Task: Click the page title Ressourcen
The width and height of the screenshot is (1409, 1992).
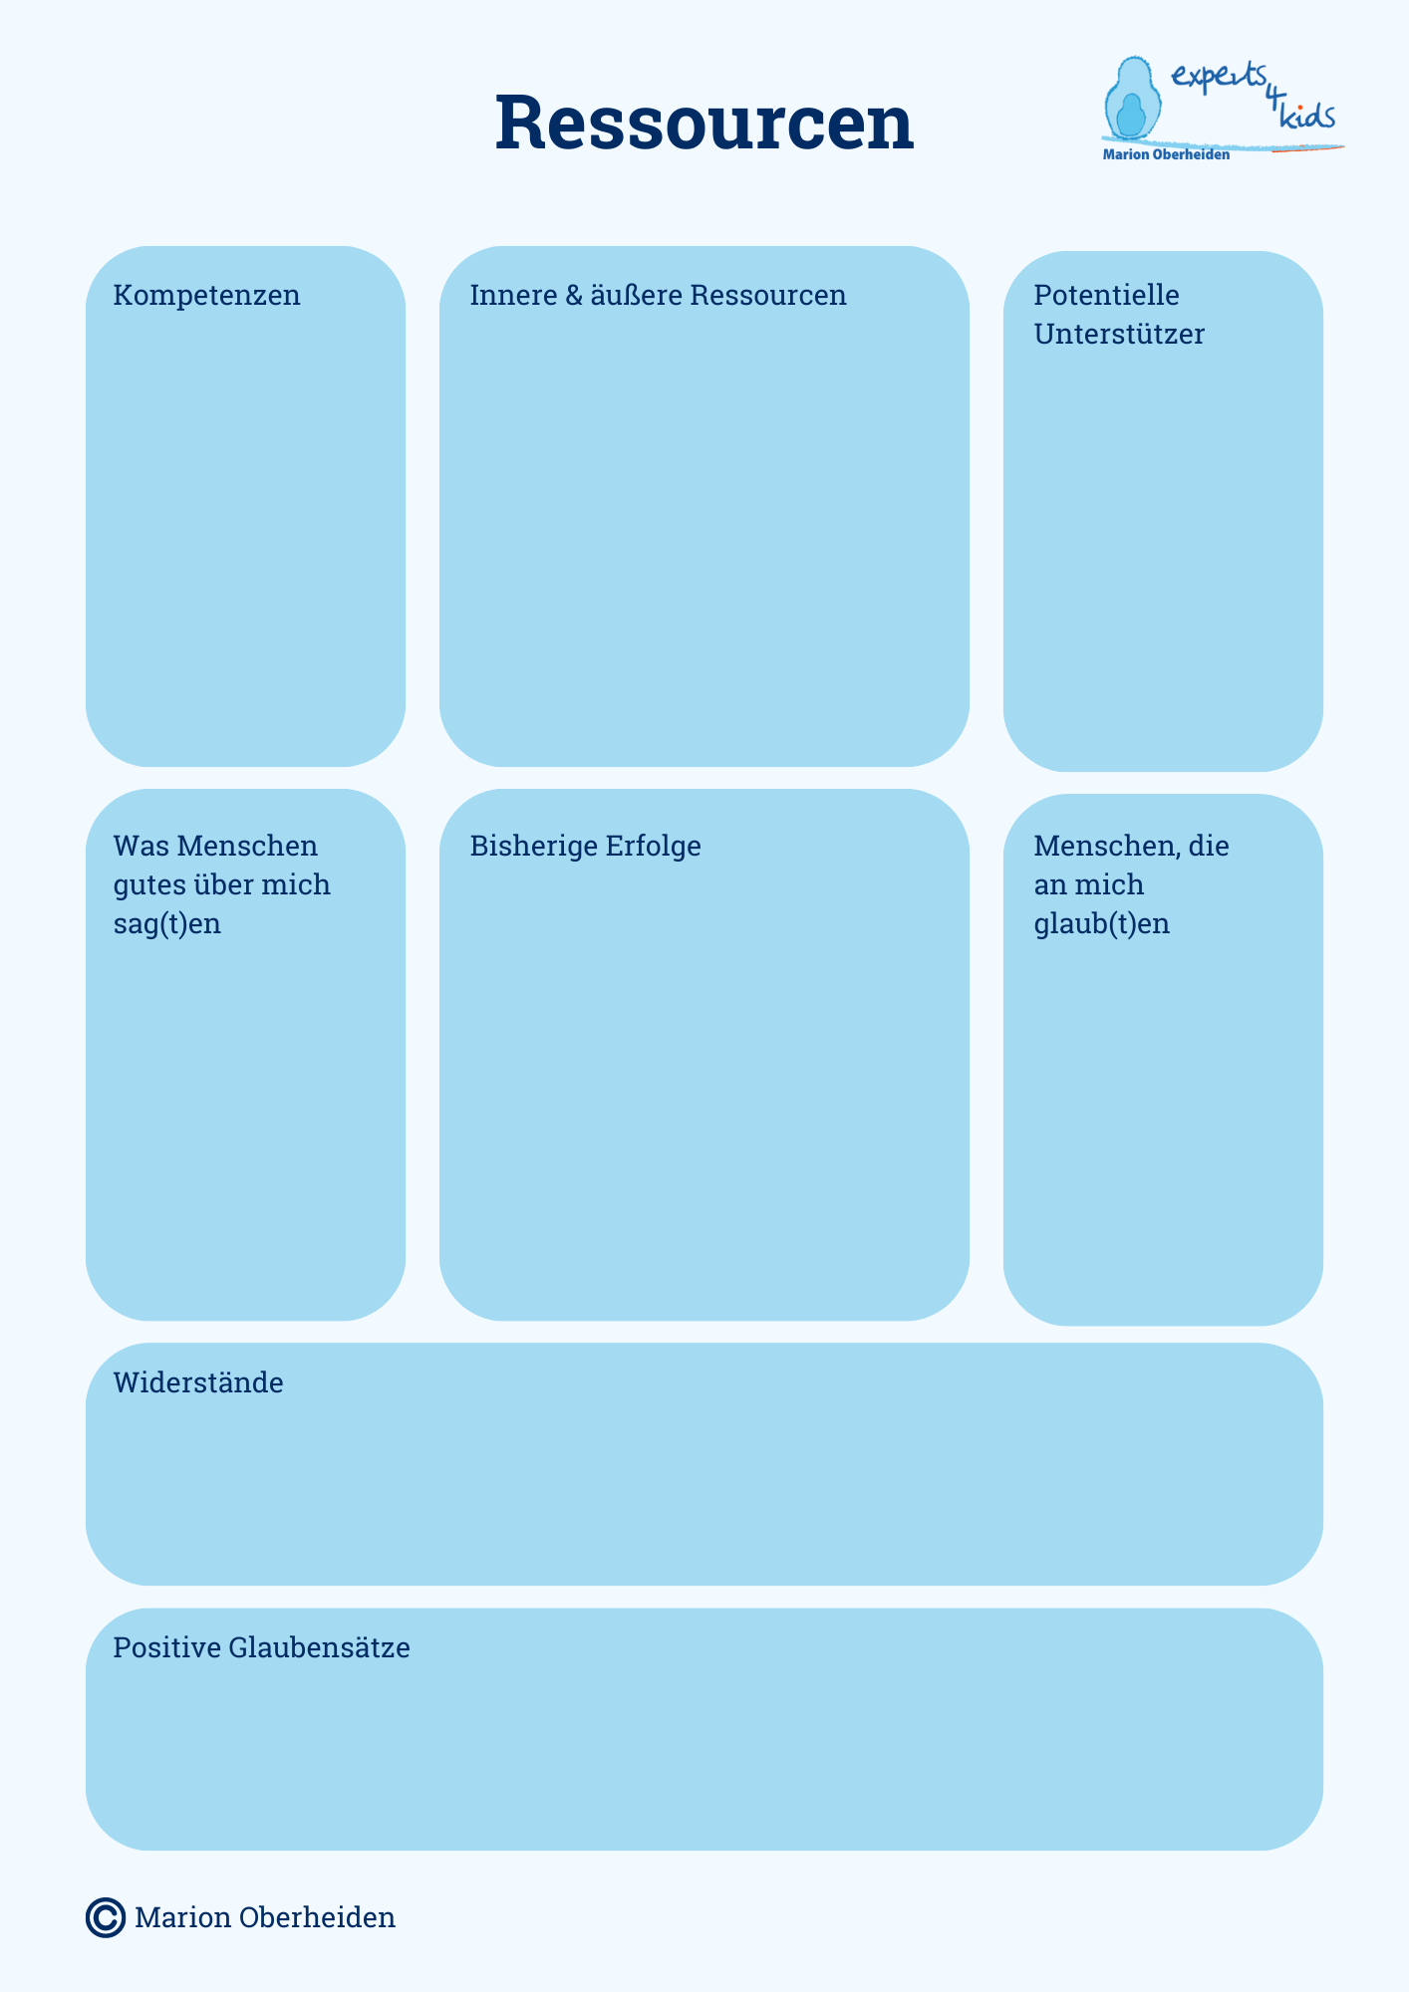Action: (x=704, y=123)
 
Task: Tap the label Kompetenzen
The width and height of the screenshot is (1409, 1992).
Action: (x=206, y=296)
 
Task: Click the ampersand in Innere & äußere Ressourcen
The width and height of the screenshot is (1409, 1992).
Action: (x=572, y=296)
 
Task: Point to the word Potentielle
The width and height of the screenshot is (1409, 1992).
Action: (x=1106, y=295)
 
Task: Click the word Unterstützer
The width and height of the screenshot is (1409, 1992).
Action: (x=1119, y=334)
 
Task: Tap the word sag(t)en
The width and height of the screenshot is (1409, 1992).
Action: (x=166, y=924)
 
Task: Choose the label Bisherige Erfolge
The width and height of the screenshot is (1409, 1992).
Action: (x=585, y=846)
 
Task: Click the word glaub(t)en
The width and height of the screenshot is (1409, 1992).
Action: (x=1101, y=924)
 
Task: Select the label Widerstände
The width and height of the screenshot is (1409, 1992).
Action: (x=198, y=1382)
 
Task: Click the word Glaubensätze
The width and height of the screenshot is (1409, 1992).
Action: (x=319, y=1647)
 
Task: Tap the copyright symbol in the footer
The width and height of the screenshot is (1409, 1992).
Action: (x=106, y=1917)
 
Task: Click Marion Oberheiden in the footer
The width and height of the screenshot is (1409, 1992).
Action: (x=265, y=1917)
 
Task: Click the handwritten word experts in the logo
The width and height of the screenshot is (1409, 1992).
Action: (x=1219, y=78)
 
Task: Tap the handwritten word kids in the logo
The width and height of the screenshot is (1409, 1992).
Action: (x=1306, y=115)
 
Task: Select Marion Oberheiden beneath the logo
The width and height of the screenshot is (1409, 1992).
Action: (x=1166, y=154)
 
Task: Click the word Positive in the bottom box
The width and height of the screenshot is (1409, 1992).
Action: (x=166, y=1647)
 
